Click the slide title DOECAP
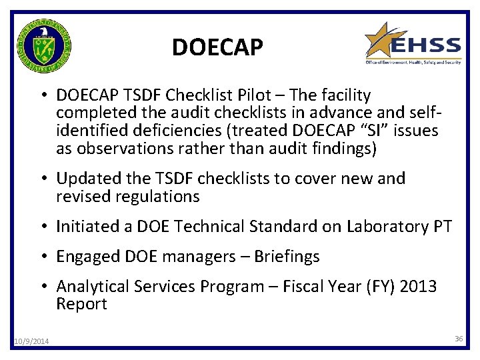point(217,47)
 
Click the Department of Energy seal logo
point(45,45)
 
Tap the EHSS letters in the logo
point(425,46)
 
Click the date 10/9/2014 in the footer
point(31,342)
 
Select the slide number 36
point(459,339)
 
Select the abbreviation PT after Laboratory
point(442,227)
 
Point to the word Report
point(81,304)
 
